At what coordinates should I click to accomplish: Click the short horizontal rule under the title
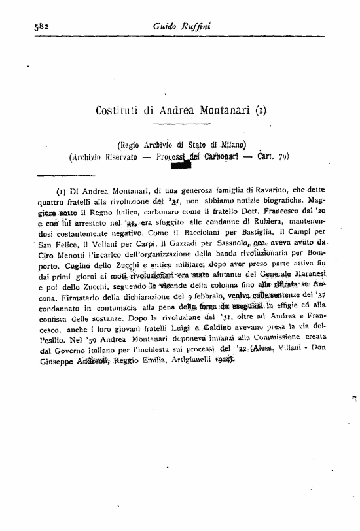coord(179,125)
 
